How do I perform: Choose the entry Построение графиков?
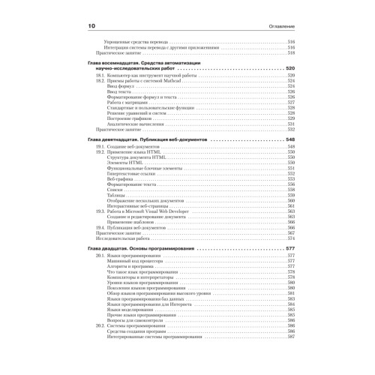[127, 118]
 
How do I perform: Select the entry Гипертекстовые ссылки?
[130, 173]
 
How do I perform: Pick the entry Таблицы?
[116, 195]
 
